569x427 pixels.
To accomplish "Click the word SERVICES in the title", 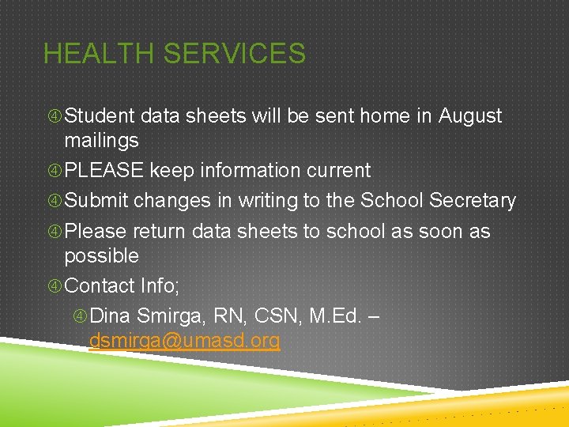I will tap(234, 54).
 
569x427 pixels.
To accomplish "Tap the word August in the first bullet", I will tap(470, 116).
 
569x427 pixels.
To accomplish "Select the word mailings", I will tap(101, 142).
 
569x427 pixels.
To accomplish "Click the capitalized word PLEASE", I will tap(104, 171).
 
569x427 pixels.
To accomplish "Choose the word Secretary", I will tap(473, 202).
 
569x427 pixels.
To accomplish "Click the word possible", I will tap(101, 257).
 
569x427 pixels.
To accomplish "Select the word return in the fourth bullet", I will tap(160, 232).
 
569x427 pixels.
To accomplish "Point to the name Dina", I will tap(110, 316).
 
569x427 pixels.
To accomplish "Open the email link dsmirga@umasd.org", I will tap(184, 342).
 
